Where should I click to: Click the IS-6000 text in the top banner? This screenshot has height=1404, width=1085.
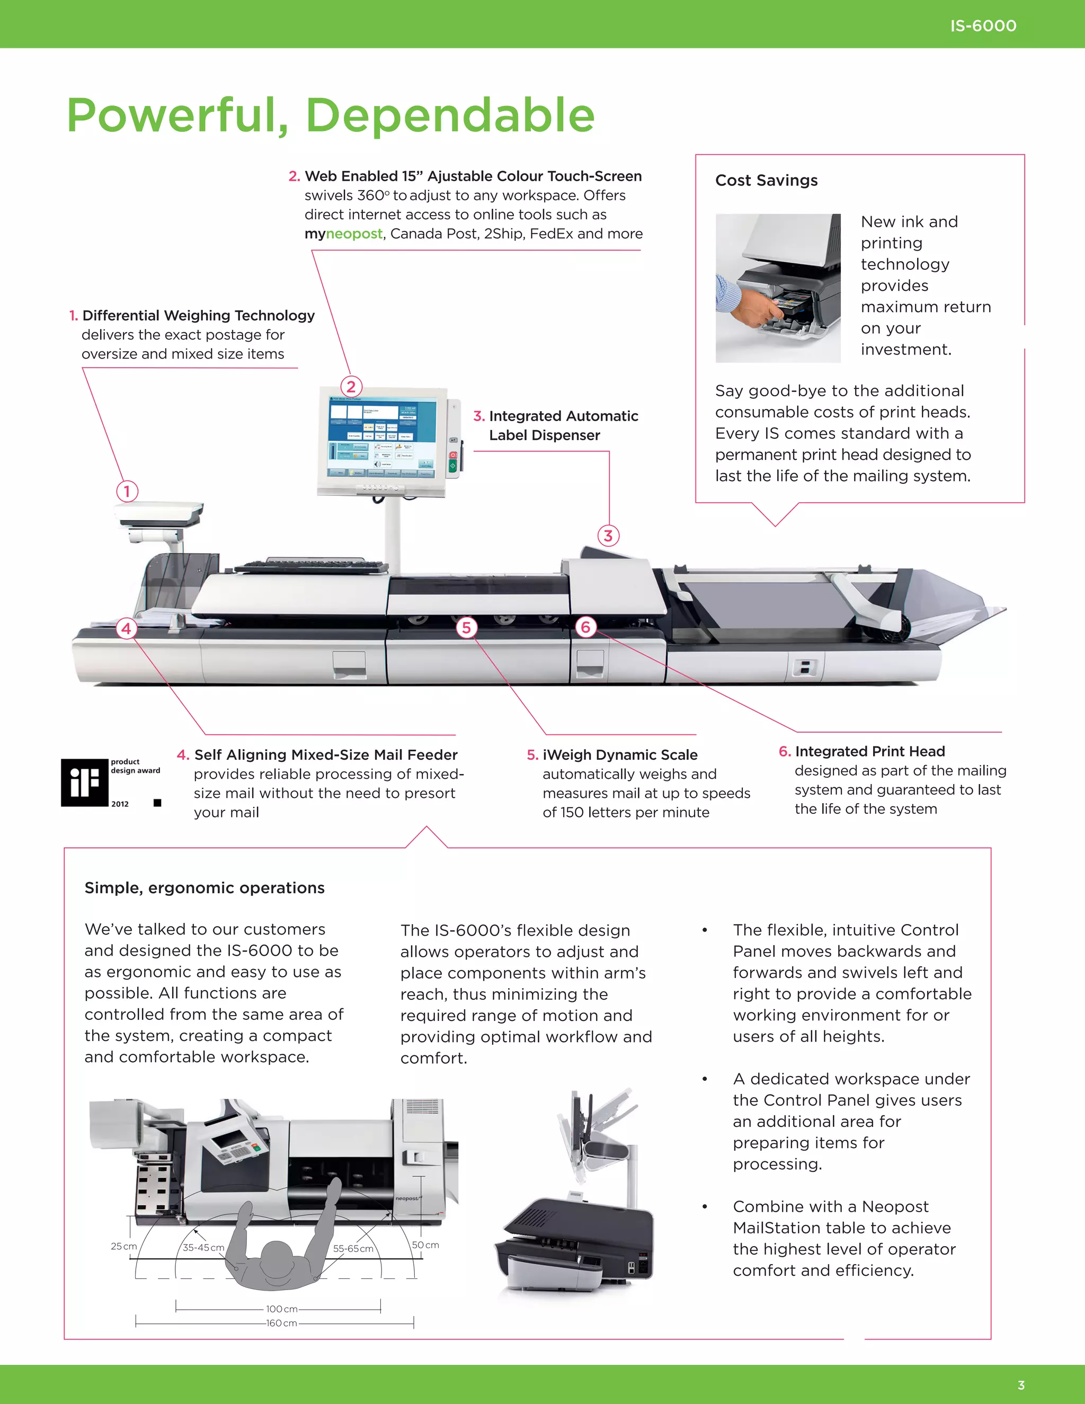(983, 26)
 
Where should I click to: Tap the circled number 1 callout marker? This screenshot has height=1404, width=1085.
(127, 492)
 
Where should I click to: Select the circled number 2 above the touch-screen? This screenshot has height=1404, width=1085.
(351, 386)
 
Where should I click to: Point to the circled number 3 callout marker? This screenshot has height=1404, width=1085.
(608, 536)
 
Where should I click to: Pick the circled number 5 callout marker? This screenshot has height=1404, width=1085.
(467, 627)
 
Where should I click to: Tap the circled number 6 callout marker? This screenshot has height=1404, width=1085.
(585, 627)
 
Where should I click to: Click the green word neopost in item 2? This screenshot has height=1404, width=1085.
(354, 234)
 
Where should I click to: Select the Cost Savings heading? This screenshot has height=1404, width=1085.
(766, 181)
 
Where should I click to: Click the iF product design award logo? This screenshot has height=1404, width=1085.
(85, 783)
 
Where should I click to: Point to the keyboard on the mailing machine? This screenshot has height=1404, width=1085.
(311, 566)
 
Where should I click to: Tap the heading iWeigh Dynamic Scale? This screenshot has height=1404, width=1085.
(620, 754)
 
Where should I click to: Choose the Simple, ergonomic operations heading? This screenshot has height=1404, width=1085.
(204, 888)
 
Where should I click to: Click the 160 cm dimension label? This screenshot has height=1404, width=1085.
(281, 1323)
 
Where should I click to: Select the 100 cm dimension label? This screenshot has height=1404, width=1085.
(281, 1309)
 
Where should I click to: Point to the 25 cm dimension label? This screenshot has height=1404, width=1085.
(123, 1246)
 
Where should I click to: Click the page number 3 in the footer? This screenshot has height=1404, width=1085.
(1021, 1385)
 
